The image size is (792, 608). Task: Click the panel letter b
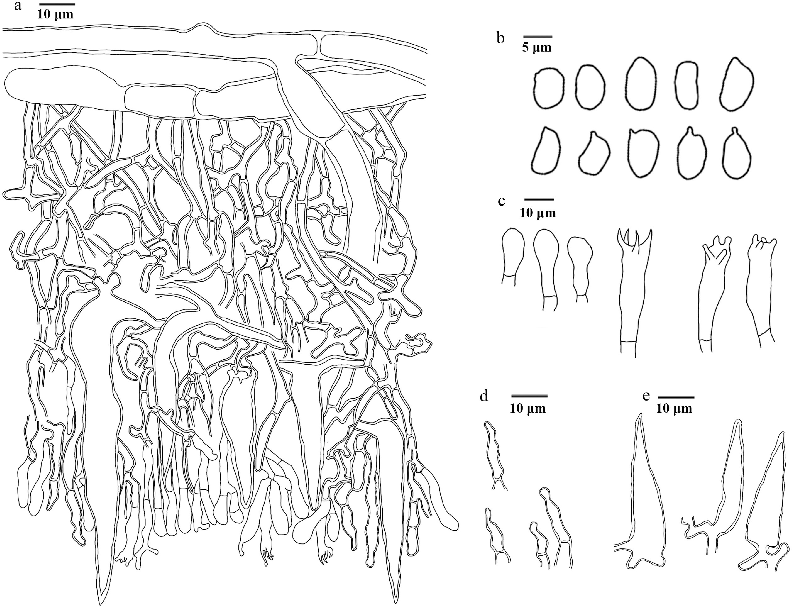coord(501,38)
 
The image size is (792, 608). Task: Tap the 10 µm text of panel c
coord(538,213)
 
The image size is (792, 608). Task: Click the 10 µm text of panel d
coord(528,409)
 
